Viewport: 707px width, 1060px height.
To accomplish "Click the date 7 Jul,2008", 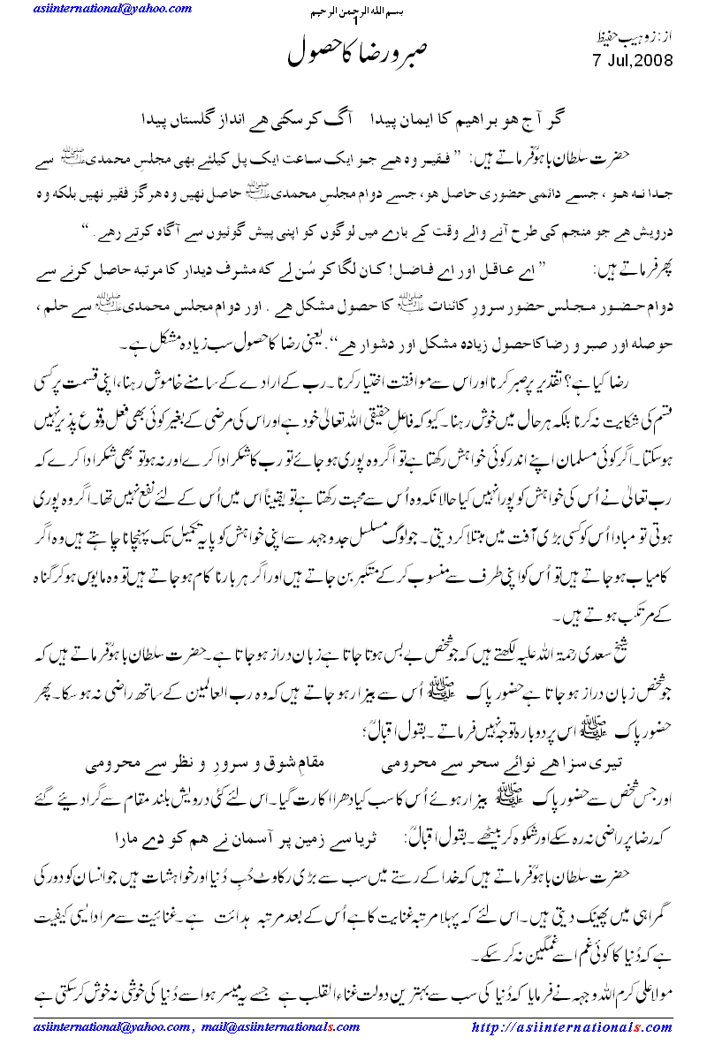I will click(630, 61).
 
